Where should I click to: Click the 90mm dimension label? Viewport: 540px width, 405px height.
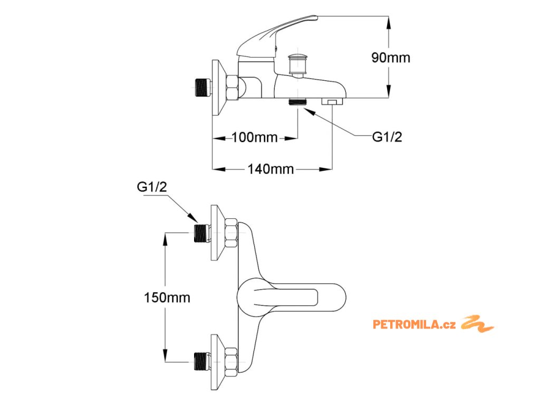390,58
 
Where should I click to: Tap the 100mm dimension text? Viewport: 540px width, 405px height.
255,138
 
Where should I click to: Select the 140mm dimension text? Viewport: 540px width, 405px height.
271,169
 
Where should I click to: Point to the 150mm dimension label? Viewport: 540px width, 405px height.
167,297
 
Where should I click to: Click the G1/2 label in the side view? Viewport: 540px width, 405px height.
387,137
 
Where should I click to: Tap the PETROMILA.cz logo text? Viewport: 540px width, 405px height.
414,324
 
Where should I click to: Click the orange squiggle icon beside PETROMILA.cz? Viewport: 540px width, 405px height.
477,324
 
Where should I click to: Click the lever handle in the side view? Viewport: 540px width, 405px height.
277,33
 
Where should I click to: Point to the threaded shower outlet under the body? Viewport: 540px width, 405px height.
298,101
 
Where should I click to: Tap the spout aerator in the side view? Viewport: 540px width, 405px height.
332,101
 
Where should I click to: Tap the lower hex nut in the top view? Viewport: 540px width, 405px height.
230,362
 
